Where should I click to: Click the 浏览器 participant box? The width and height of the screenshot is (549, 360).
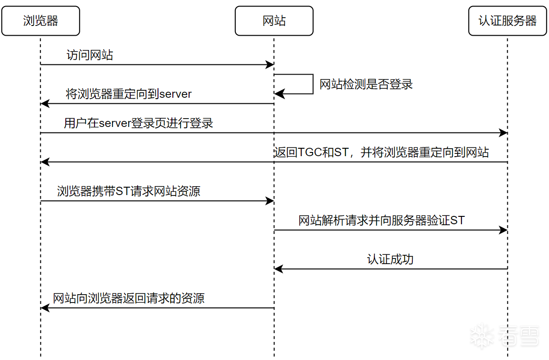point(41,21)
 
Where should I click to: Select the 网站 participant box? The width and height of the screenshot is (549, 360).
point(274,21)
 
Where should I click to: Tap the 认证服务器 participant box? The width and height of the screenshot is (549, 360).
point(508,21)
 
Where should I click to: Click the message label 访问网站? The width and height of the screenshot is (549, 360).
point(89,55)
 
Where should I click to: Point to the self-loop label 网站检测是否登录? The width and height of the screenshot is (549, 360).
point(366,84)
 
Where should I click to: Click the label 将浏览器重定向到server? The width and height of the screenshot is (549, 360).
point(128,94)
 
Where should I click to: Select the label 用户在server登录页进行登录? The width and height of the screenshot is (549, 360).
point(139,123)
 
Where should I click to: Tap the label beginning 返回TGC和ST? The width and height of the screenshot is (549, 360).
point(381,152)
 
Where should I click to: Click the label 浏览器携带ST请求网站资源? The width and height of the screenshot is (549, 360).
point(128,191)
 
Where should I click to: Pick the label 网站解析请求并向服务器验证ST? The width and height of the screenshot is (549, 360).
point(382,220)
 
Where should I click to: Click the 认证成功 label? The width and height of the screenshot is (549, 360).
point(391,259)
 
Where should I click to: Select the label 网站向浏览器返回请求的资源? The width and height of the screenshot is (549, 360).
point(128,298)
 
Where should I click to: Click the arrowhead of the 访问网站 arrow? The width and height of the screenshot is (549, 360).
point(270,64)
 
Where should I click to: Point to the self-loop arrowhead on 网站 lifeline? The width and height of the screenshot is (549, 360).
point(279,94)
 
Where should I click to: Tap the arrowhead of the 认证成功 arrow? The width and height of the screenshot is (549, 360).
point(279,269)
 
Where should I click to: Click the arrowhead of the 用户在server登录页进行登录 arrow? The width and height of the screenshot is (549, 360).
point(503,133)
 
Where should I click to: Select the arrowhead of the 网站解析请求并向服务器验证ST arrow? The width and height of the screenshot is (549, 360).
point(503,230)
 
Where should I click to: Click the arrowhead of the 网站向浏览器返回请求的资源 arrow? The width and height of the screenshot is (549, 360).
point(45,308)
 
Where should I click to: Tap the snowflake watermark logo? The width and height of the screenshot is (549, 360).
point(482,335)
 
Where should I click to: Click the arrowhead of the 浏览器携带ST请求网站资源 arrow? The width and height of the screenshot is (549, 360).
point(270,201)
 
